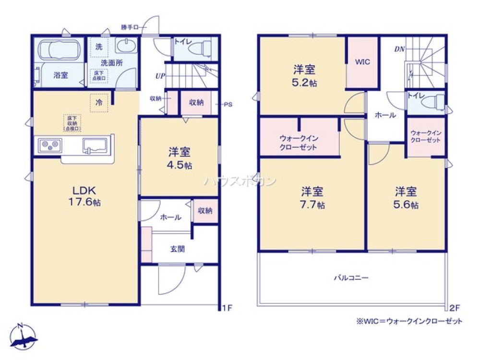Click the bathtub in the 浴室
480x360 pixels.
58,49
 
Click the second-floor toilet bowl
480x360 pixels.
437,102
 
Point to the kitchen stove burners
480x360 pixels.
50,144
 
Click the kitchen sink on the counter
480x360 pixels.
96,144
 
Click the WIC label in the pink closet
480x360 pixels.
362,62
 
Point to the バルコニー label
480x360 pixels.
352,277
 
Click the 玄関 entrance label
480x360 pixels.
177,249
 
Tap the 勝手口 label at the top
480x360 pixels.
129,28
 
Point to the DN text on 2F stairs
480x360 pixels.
399,49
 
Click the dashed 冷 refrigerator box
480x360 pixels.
99,103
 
